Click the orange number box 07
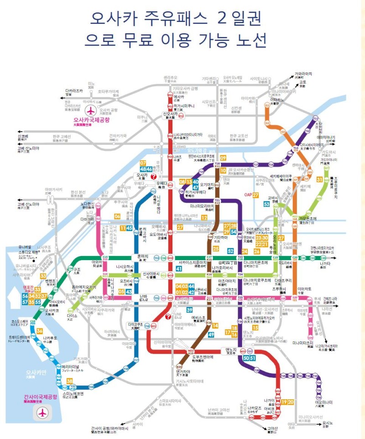pos(143,163)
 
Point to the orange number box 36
pos(40,331)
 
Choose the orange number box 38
pos(70,381)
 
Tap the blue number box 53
pos(266,204)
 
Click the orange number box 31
pos(319,179)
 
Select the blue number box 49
pos(211,335)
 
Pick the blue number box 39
pos(189,310)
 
